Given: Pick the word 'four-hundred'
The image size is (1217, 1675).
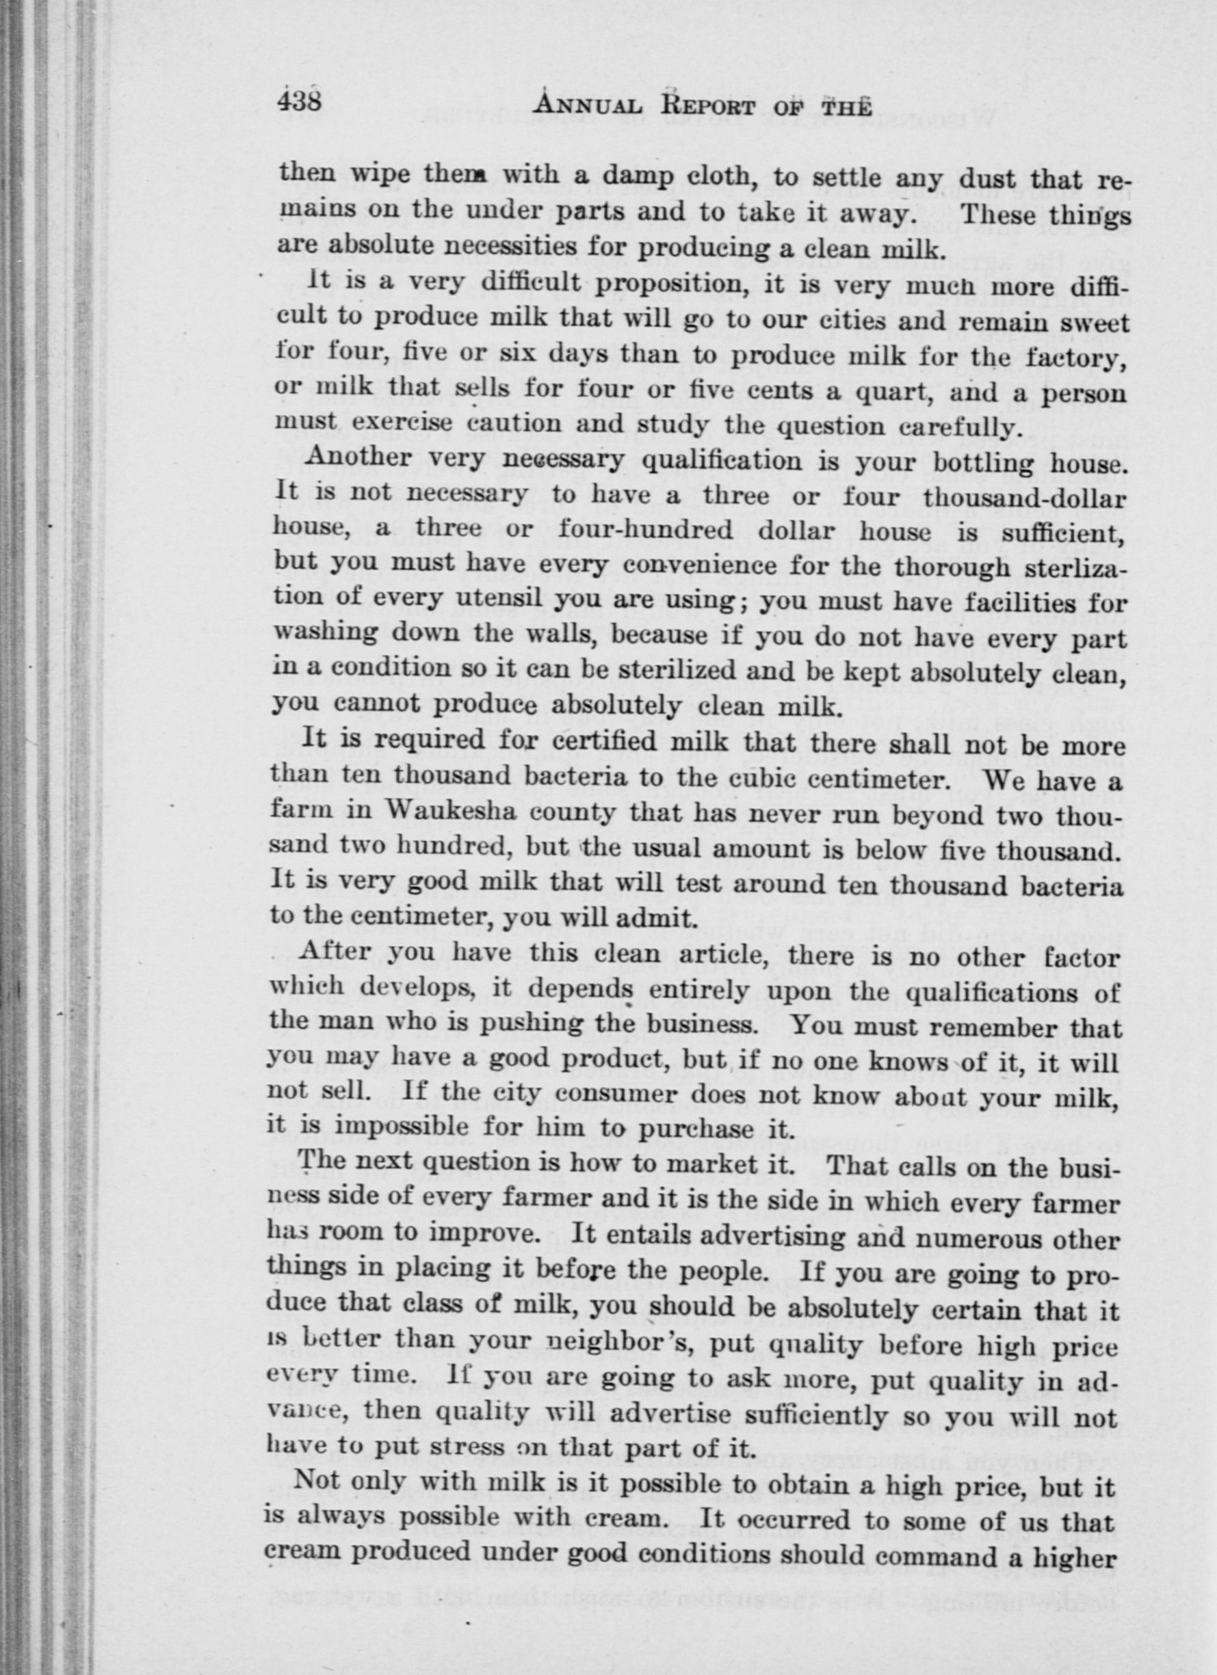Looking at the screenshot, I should coord(645,531).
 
